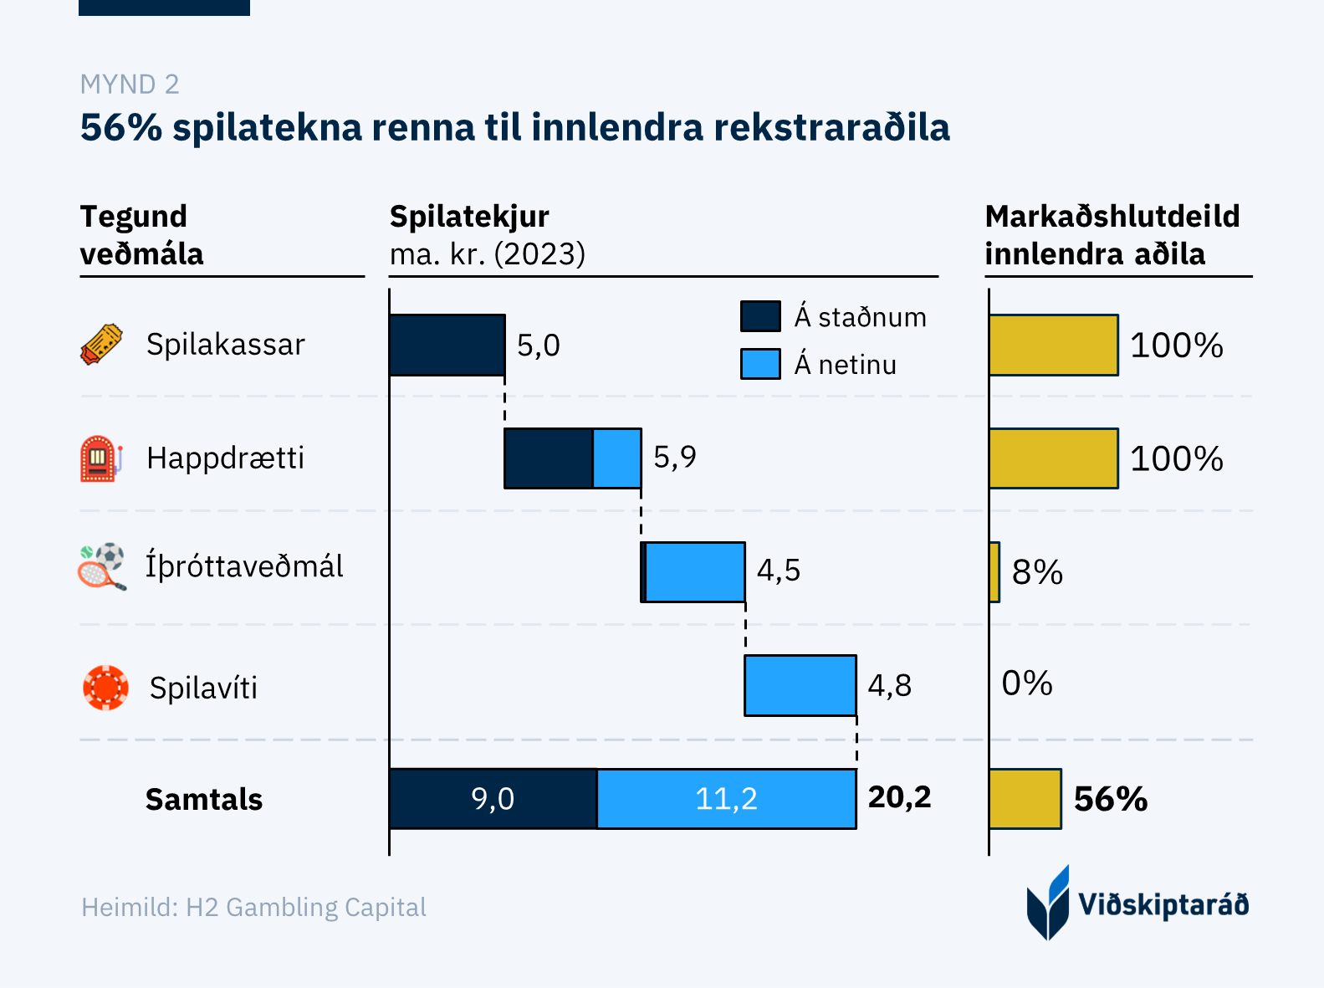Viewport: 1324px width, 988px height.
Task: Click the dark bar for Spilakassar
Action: click(x=447, y=345)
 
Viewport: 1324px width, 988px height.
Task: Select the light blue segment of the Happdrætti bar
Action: click(x=617, y=458)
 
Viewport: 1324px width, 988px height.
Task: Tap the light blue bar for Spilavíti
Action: click(x=800, y=686)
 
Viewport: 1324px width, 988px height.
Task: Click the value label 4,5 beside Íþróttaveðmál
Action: click(x=779, y=571)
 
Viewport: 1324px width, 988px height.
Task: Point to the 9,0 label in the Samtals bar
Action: click(x=493, y=799)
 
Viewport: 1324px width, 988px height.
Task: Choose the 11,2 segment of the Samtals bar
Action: click(x=727, y=799)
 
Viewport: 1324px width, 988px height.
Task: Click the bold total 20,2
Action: click(x=899, y=797)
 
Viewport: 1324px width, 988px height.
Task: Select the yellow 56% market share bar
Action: click(x=1025, y=799)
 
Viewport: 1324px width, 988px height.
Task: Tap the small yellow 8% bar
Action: click(x=994, y=572)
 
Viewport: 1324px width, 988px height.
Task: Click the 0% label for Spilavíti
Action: click(x=1027, y=683)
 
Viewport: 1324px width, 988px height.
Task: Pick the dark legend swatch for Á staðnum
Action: click(x=760, y=317)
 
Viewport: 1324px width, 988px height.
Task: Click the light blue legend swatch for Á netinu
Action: click(x=760, y=365)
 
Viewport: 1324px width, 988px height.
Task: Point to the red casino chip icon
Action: click(x=105, y=688)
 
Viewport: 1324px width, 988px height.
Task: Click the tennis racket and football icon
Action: click(x=102, y=566)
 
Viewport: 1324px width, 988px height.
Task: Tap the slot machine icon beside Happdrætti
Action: click(x=100, y=458)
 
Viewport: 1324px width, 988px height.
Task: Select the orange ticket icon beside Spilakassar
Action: click(x=101, y=344)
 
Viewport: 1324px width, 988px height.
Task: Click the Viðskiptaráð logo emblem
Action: click(x=1048, y=903)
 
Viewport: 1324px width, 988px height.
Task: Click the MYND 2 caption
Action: click(x=130, y=84)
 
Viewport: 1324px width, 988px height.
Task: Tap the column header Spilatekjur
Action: click(x=469, y=217)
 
